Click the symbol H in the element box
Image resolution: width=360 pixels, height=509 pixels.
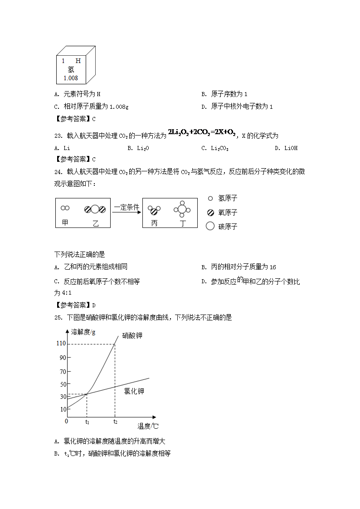coord(78,60)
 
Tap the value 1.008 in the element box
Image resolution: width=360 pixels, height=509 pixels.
coord(71,78)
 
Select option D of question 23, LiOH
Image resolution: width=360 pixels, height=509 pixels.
coord(291,148)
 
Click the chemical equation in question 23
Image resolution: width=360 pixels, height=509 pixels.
coord(201,132)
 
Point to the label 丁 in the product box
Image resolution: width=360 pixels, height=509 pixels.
coord(182,223)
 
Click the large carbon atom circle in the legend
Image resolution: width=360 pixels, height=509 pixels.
coord(210,226)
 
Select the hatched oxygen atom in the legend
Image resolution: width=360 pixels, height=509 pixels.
coord(210,212)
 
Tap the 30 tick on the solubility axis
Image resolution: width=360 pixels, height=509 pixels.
coord(63,397)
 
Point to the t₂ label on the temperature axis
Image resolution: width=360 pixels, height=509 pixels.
coord(115,422)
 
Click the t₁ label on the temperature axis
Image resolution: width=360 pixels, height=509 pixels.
coord(88,422)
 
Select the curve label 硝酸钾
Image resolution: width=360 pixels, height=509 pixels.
coord(132,336)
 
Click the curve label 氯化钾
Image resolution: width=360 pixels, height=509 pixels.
coord(134,391)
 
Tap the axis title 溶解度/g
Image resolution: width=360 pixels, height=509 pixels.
coord(83,332)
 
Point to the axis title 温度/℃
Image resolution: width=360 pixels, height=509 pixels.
coord(148,426)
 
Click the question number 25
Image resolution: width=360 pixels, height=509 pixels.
coord(58,317)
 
